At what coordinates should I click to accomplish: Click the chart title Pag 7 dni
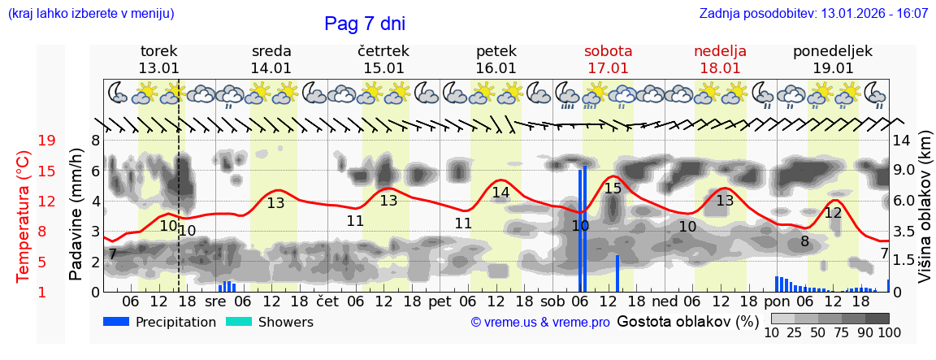click(x=364, y=24)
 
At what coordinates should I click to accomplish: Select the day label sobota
click(x=608, y=51)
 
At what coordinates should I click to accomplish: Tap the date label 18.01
click(x=720, y=68)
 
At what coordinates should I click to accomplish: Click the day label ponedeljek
click(x=833, y=51)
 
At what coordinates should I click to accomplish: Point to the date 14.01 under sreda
click(x=271, y=68)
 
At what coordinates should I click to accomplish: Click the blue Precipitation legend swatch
click(x=116, y=322)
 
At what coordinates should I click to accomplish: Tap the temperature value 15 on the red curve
click(x=613, y=189)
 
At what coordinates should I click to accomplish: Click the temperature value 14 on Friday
click(x=500, y=193)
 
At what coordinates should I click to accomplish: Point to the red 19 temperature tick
click(x=46, y=141)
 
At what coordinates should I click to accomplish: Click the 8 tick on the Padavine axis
click(x=95, y=141)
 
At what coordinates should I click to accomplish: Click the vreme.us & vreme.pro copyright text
click(x=540, y=323)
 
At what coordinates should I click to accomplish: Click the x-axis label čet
click(x=327, y=301)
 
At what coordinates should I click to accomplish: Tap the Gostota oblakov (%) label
click(x=687, y=322)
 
